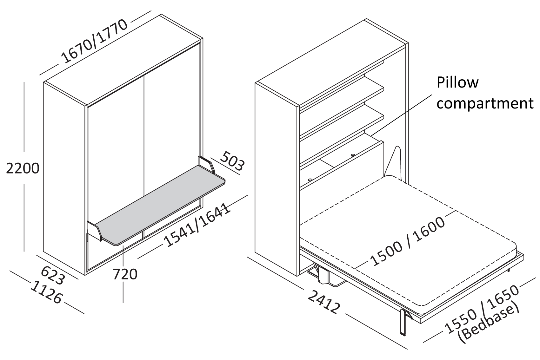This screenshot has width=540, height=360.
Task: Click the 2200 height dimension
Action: coord(23,168)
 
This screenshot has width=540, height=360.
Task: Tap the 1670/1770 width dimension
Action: coord(94,42)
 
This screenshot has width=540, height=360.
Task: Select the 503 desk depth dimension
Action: coord(232,161)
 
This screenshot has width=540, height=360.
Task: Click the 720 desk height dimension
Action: coord(125,274)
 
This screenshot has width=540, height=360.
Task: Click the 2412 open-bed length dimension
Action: coord(324,303)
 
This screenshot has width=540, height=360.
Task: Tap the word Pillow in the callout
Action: coord(457,82)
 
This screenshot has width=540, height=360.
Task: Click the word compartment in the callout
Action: coord(484,103)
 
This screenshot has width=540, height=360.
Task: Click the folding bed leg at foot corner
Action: coord(403,324)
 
